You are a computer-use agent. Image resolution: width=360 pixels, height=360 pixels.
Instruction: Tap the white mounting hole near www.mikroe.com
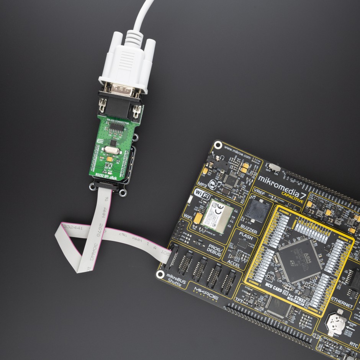click(218, 145)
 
